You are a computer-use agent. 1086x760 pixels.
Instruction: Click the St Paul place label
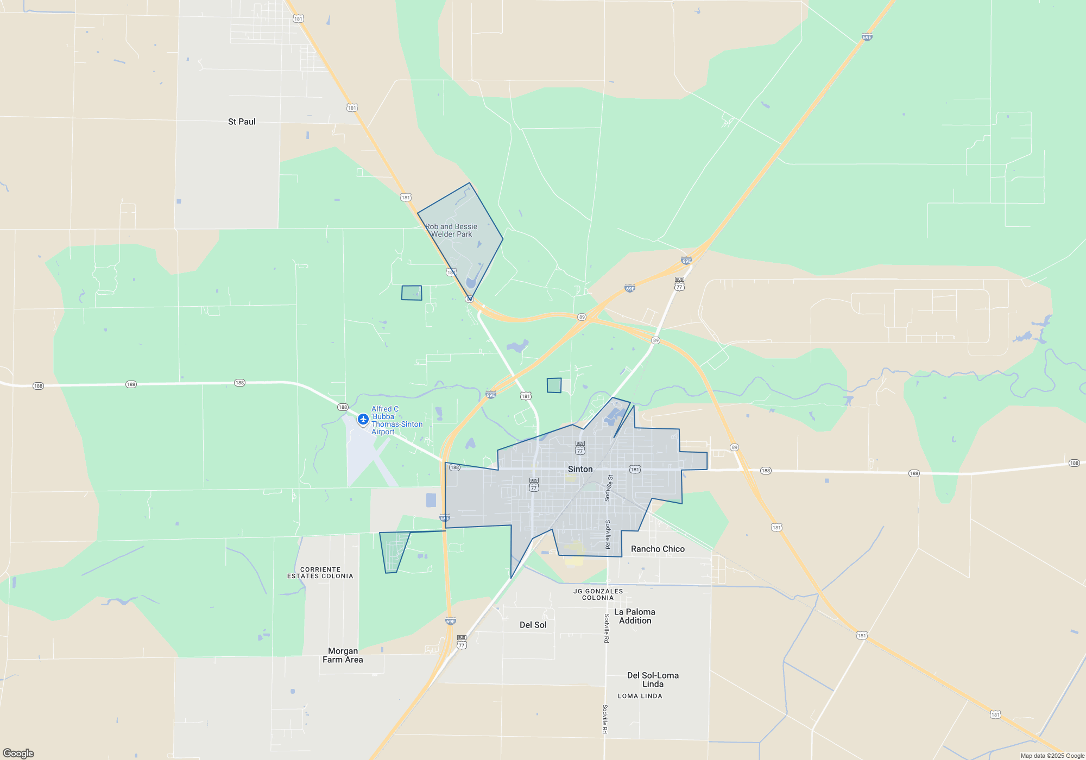coord(242,122)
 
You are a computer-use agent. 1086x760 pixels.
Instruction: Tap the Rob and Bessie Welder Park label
coord(451,230)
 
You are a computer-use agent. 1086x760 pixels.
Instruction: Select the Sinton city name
coord(580,469)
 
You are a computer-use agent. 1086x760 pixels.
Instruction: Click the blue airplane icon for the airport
coord(363,419)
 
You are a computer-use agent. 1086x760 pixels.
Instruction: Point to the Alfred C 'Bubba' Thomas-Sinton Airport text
coord(396,420)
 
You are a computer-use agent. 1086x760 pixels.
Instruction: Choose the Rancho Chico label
coord(658,549)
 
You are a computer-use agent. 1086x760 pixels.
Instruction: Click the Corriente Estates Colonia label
coord(320,573)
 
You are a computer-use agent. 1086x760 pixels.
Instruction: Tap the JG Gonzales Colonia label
coord(598,594)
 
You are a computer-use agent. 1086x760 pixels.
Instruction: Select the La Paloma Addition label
coord(635,616)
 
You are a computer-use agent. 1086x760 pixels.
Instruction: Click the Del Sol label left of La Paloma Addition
coord(533,625)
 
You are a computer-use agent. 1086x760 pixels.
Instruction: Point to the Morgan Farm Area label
coord(343,655)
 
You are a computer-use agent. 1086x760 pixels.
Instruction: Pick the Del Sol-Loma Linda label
coord(653,680)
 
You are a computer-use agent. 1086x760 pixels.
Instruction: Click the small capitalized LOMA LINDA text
coord(640,696)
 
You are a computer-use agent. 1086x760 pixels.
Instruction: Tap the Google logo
coord(18,753)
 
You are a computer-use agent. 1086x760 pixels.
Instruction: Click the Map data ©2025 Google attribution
coord(1052,756)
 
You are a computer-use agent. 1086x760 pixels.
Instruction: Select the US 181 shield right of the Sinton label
coord(635,469)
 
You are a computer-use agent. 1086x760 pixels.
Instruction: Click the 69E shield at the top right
coord(867,37)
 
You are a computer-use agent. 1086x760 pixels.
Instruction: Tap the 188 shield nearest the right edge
coord(1074,463)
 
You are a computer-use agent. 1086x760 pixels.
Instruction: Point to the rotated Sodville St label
coord(609,487)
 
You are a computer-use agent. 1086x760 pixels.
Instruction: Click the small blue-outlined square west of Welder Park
coord(412,293)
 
